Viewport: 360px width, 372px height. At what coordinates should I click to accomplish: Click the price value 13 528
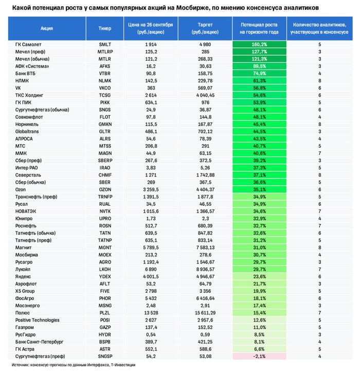(x=151, y=312)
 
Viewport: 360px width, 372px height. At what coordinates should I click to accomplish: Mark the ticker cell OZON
(x=105, y=189)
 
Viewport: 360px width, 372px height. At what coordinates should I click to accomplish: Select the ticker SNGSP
(x=105, y=355)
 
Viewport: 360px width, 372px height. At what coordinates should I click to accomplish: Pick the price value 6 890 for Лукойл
(x=151, y=269)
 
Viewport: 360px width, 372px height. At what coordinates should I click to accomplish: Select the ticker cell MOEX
(x=105, y=254)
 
